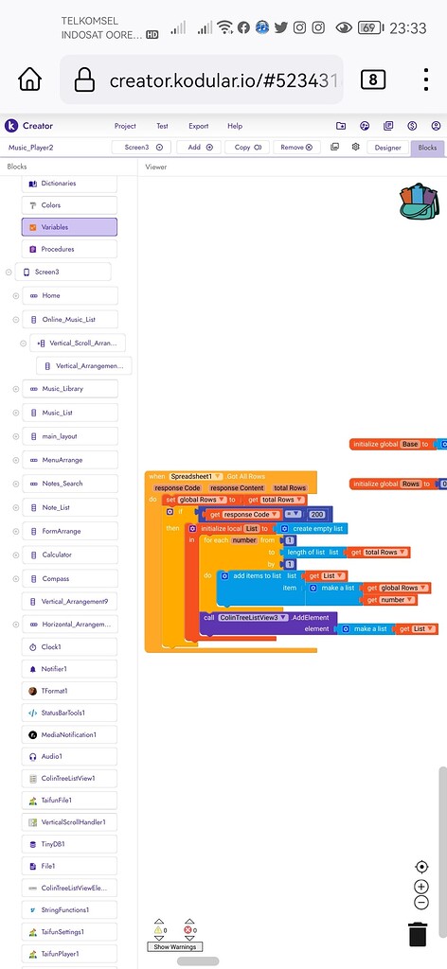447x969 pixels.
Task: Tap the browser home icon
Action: [30, 79]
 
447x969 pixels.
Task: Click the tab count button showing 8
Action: [372, 79]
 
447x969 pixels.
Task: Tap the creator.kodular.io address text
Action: [224, 79]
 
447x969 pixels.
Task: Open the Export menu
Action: [198, 126]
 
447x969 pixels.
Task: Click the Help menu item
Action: [235, 126]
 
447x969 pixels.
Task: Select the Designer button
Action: [387, 148]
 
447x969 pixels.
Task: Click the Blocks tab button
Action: [427, 148]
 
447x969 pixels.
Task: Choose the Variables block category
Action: [69, 227]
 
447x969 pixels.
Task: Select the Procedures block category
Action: [69, 249]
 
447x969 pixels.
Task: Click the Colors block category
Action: [69, 205]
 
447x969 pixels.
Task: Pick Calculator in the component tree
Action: [69, 555]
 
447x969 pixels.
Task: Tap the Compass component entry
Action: [69, 578]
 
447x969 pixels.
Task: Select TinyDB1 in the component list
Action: [69, 843]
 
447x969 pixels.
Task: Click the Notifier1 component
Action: [69, 669]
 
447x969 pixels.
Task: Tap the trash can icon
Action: [418, 933]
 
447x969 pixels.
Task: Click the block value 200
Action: [317, 514]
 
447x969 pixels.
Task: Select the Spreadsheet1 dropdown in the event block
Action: [196, 476]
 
